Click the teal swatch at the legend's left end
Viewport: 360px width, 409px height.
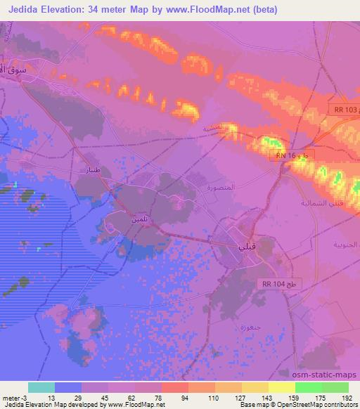pos(41,387)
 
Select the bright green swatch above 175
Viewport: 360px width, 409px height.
pos(309,387)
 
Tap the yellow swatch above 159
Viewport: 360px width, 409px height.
pos(281,387)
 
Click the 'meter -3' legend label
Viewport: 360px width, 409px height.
pos(16,397)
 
